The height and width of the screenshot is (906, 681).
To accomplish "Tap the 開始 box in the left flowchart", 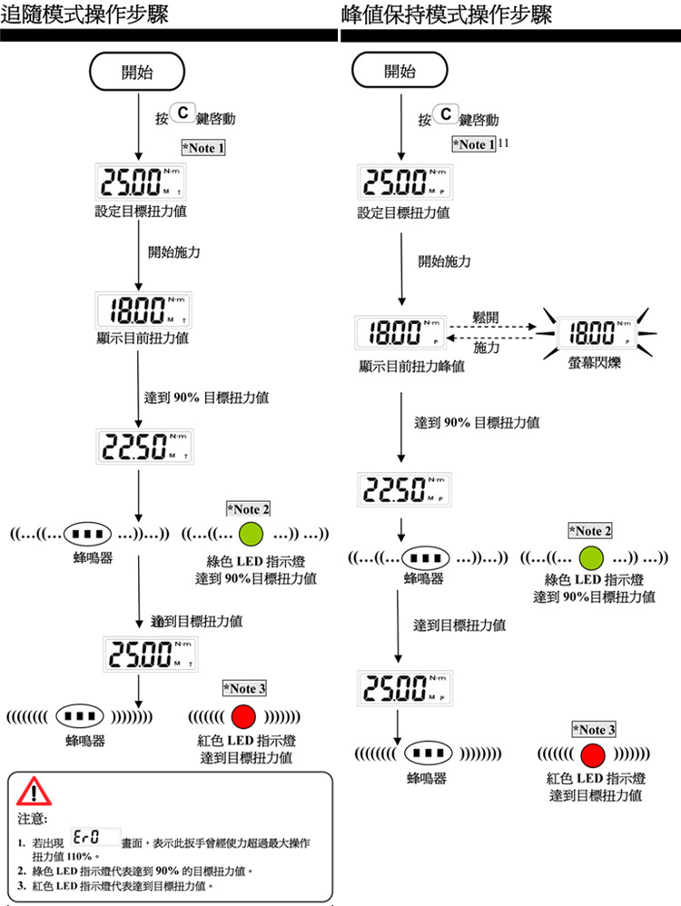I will click(136, 73).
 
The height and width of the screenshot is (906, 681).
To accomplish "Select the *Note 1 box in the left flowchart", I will click(203, 147).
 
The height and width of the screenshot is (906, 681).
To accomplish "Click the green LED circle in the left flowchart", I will click(251, 533).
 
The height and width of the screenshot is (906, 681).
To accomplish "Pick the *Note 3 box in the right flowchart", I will click(594, 729).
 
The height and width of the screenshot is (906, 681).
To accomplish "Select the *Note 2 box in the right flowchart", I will click(590, 529).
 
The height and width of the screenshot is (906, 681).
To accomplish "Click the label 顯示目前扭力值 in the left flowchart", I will click(143, 338).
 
